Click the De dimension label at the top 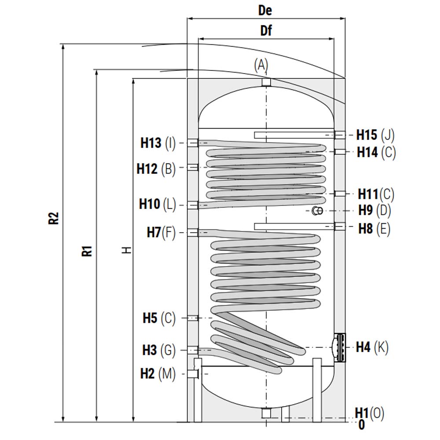[x=265, y=11]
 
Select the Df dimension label [x=266, y=30]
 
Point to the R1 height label [x=87, y=251]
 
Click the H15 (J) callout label [x=375, y=135]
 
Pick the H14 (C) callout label [x=376, y=152]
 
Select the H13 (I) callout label [x=158, y=143]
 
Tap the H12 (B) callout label [x=156, y=169]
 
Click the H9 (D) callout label [x=374, y=210]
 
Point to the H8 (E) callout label [x=374, y=229]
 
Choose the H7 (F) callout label [x=161, y=232]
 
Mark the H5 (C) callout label [x=159, y=318]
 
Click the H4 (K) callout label [x=372, y=347]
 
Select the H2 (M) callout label [x=158, y=374]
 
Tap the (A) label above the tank [x=261, y=65]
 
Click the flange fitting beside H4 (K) [x=339, y=348]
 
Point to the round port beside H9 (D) [x=317, y=211]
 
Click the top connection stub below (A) [x=266, y=82]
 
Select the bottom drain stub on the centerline [x=266, y=413]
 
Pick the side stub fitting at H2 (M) [x=193, y=374]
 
